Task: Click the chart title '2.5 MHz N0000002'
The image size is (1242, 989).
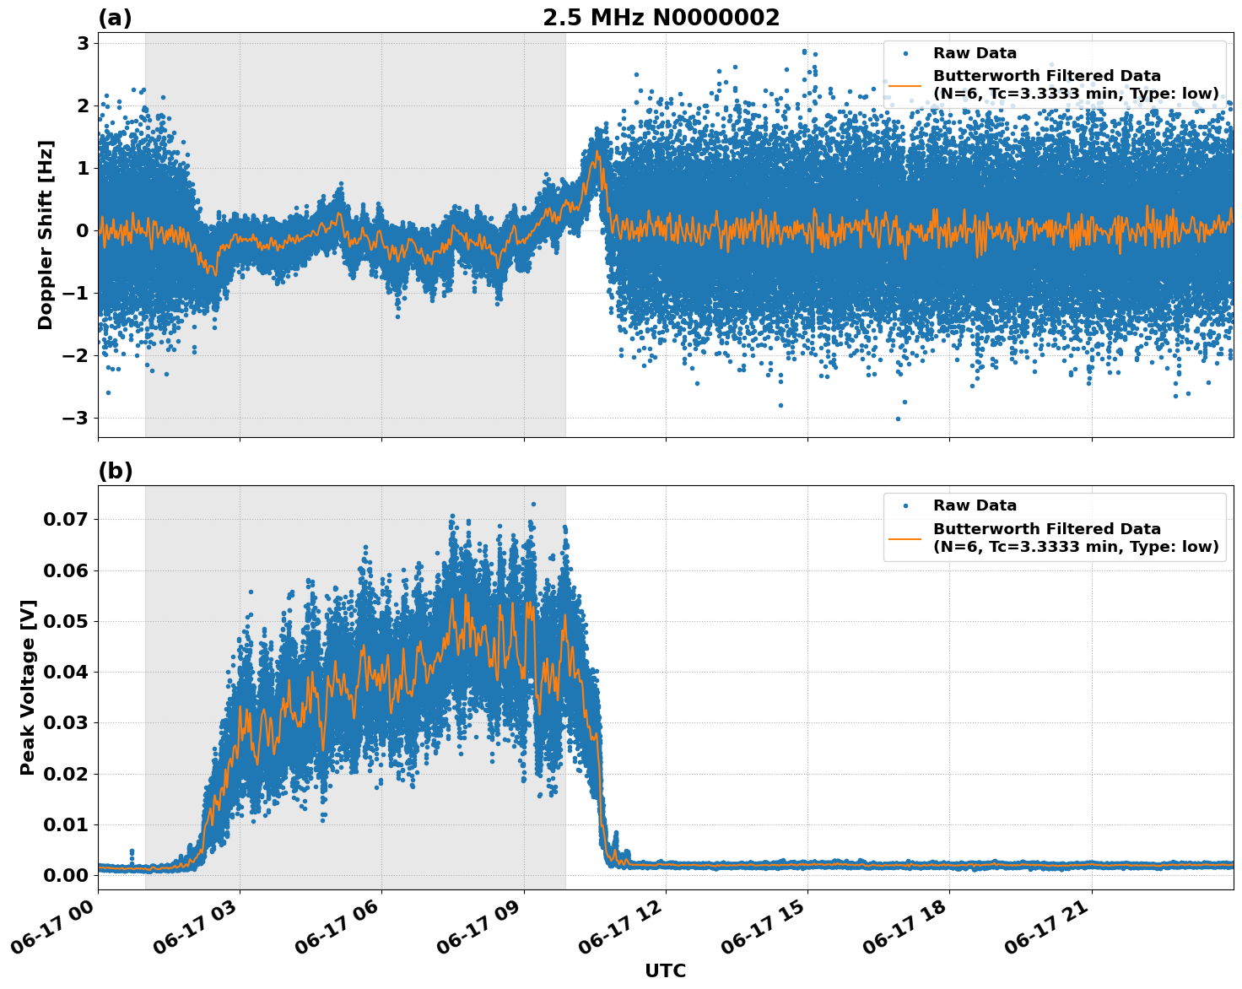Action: (x=661, y=18)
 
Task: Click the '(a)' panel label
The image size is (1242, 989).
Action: (x=115, y=18)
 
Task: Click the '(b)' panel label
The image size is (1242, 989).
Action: (x=115, y=471)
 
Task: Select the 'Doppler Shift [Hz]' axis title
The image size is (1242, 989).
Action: (x=46, y=235)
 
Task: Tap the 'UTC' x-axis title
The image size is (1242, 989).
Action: (x=665, y=970)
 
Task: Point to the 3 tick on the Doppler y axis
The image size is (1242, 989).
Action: (x=83, y=43)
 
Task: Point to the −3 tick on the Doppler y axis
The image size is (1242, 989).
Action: (x=77, y=418)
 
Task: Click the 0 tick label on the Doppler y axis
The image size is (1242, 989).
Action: (x=83, y=230)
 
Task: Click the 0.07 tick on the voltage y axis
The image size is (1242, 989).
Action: (x=66, y=519)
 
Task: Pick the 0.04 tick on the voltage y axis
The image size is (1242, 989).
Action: (x=66, y=672)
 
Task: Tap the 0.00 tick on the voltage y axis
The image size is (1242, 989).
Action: (x=66, y=875)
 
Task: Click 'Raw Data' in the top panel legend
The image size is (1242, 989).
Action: (x=975, y=53)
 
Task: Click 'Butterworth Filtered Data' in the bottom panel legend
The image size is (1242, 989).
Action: (x=1046, y=529)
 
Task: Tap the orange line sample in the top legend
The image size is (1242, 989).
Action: (x=905, y=84)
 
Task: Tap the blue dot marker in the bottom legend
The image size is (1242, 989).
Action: (x=905, y=505)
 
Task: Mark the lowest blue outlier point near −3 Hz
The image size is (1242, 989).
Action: (x=898, y=419)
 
